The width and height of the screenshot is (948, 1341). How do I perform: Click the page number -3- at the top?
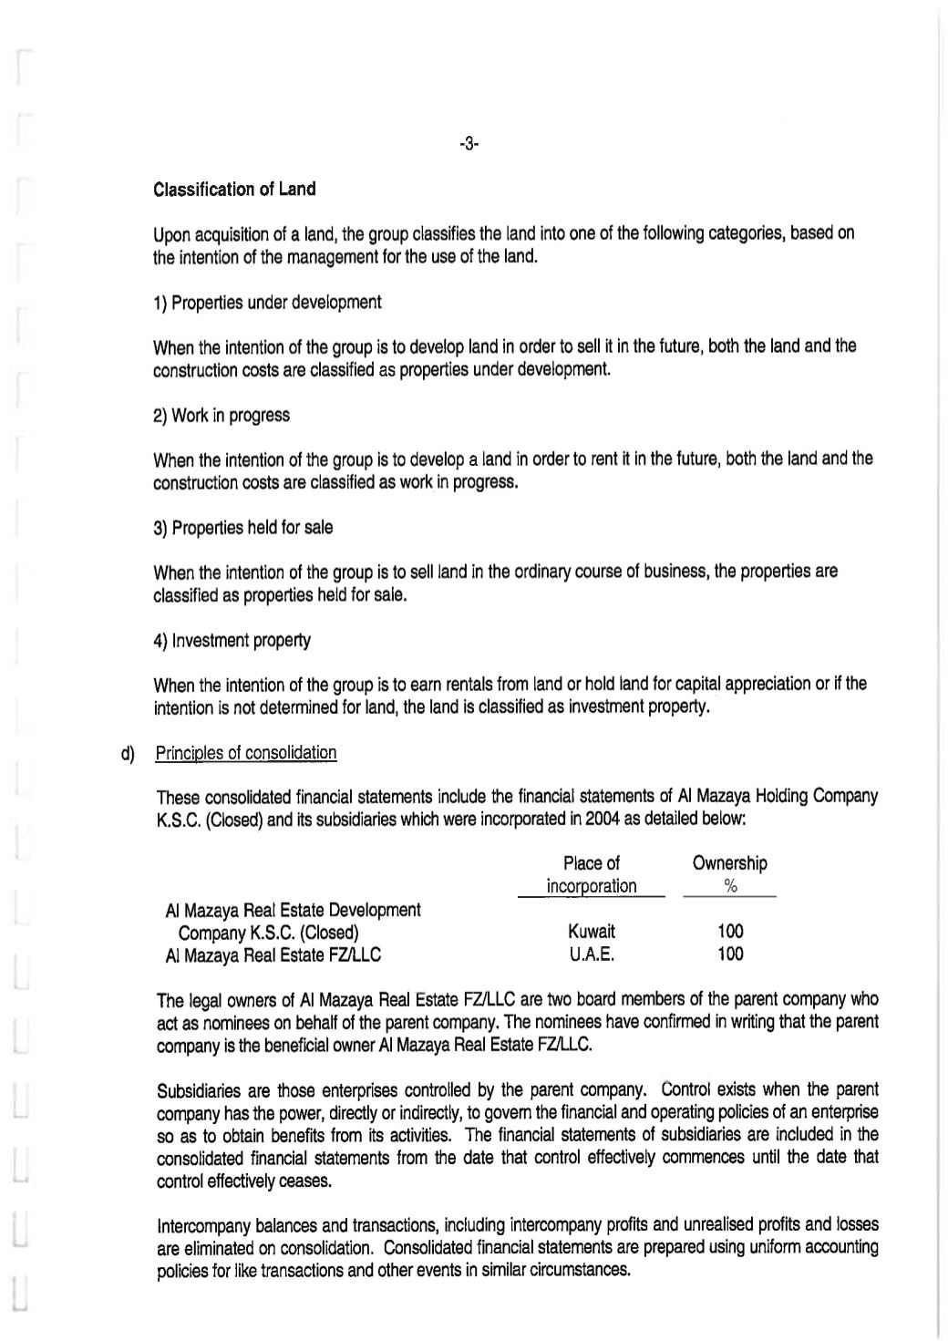(x=469, y=144)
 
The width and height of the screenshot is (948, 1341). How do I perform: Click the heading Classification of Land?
(x=234, y=190)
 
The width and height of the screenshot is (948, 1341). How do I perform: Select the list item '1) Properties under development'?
(x=267, y=302)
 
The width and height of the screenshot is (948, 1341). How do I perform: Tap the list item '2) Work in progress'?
(x=222, y=415)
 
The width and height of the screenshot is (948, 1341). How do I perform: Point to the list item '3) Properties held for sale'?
(x=243, y=528)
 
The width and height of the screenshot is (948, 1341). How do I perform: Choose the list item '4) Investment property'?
(x=232, y=640)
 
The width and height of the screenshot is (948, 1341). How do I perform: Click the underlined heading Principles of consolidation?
(x=246, y=753)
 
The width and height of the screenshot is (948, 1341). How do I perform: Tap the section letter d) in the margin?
(x=127, y=753)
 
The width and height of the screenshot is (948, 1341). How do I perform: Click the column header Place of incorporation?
(x=592, y=874)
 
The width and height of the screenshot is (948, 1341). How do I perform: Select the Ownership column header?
(x=729, y=862)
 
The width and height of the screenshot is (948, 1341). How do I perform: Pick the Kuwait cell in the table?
(x=592, y=932)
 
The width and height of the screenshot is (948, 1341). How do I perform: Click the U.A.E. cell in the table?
(x=592, y=954)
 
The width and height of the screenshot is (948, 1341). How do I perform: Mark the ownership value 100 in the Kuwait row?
(x=730, y=932)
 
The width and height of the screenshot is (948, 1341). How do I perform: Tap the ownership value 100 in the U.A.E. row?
(x=730, y=954)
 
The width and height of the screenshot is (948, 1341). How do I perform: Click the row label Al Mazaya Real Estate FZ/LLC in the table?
(x=273, y=954)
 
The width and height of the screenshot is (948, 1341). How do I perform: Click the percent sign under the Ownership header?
(x=730, y=886)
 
